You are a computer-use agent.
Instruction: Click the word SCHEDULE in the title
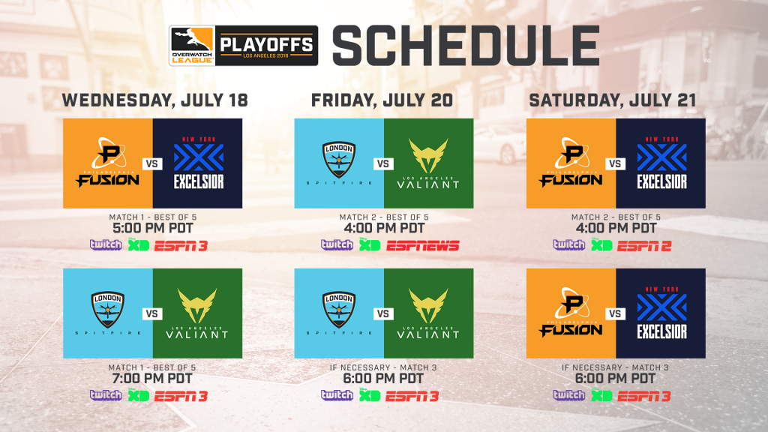pos(466,46)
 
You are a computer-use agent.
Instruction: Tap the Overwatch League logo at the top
pos(192,46)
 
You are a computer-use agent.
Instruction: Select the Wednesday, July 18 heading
pos(154,100)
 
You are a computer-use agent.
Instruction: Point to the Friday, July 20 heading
pos(382,100)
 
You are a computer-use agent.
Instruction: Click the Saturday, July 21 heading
pos(613,100)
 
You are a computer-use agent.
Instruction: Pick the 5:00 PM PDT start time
pos(153,228)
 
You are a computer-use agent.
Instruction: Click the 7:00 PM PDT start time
pos(153,379)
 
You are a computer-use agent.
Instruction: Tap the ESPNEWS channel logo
pos(423,245)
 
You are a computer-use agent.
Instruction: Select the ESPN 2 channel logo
pos(644,245)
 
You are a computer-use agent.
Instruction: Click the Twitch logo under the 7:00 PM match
pos(106,394)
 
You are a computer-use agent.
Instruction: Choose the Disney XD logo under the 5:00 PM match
pos(139,244)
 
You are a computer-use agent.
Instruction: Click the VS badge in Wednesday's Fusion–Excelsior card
pos(152,163)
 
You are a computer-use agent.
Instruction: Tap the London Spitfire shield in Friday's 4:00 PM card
pos(339,160)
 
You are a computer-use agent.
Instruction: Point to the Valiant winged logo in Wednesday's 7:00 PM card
pos(197,306)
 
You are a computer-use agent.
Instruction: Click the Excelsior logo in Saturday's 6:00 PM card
pos(661,313)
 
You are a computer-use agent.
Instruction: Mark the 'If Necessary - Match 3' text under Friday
pos(383,367)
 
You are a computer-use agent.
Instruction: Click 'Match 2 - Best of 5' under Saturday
pos(616,217)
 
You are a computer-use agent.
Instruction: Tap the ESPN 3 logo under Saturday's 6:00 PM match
pos(644,396)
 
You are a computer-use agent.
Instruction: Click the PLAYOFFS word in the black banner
pos(266,44)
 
